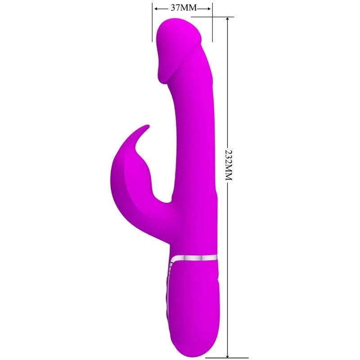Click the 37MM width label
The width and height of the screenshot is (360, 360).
pyautogui.click(x=182, y=7)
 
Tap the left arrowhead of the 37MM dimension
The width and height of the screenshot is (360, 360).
pyautogui.click(x=155, y=8)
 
